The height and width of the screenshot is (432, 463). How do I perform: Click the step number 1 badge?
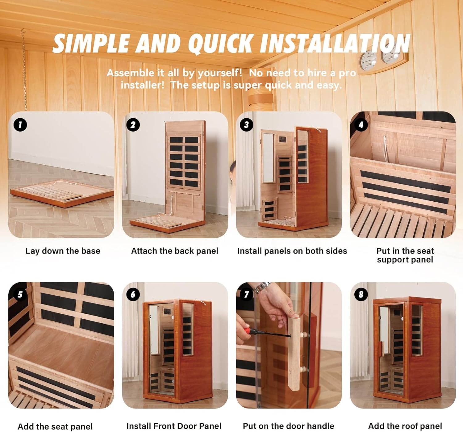click(20, 125)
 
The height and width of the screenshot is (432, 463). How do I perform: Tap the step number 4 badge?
click(361, 125)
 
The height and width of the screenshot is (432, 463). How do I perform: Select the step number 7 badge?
click(246, 295)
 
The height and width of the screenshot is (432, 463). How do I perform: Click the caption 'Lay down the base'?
click(63, 251)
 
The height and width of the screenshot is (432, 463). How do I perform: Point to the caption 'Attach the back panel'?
click(175, 251)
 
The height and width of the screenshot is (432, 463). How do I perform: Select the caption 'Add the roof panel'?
click(405, 426)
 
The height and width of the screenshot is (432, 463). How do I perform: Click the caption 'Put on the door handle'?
click(288, 426)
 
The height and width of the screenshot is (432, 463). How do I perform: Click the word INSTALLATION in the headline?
click(335, 44)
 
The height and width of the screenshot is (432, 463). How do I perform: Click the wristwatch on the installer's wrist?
click(262, 287)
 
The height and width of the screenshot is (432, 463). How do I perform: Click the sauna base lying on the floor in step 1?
click(62, 193)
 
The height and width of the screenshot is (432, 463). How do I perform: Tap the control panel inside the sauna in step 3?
click(283, 140)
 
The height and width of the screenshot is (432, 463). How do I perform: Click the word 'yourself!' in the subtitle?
click(220, 73)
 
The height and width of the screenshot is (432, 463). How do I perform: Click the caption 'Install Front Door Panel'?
click(174, 426)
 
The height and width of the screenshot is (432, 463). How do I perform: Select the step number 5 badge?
click(20, 295)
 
